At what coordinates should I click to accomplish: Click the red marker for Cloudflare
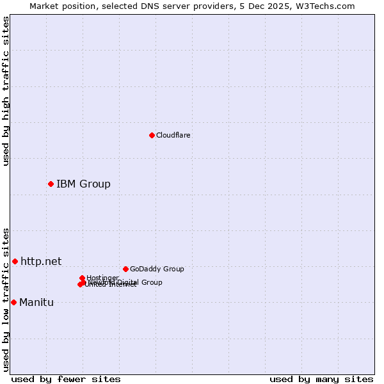(x=152, y=135)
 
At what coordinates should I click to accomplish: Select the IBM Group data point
(x=51, y=184)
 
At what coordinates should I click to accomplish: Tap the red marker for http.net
(x=15, y=261)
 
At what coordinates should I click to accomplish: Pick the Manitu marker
(x=13, y=302)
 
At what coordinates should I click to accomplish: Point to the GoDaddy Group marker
(x=125, y=269)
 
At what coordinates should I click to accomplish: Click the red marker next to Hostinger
(x=82, y=278)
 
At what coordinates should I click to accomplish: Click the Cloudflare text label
(x=173, y=135)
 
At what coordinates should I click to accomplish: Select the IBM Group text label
(x=83, y=184)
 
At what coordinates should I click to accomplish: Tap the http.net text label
(x=41, y=261)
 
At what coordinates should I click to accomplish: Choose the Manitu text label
(x=36, y=303)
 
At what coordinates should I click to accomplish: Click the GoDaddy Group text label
(x=156, y=269)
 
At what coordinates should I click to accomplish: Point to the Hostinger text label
(x=102, y=278)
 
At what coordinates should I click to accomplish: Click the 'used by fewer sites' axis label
(x=66, y=379)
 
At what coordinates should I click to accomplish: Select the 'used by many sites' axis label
(x=321, y=379)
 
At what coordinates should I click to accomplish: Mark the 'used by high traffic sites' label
(x=6, y=91)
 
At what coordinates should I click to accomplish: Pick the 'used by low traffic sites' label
(x=6, y=300)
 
